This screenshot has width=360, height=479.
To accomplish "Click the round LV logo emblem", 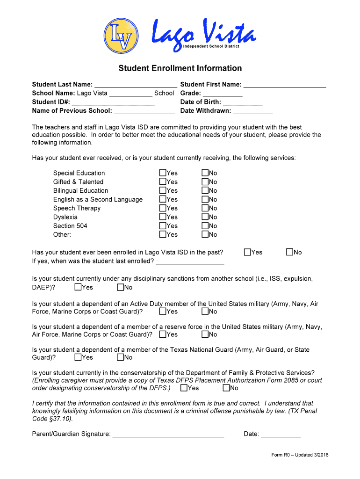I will pyautogui.click(x=121, y=36).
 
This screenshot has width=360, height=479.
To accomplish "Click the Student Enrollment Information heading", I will pyautogui.click(x=180, y=68).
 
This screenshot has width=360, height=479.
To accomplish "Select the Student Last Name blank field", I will pyautogui.click(x=136, y=85).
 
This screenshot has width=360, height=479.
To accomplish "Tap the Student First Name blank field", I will pyautogui.click(x=285, y=85).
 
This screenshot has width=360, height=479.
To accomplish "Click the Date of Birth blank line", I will pyautogui.click(x=243, y=102).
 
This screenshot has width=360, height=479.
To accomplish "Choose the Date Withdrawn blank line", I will pyautogui.click(x=252, y=111).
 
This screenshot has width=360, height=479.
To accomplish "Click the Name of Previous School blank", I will pyautogui.click(x=144, y=111).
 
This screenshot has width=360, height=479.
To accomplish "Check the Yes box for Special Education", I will pyautogui.click(x=163, y=173).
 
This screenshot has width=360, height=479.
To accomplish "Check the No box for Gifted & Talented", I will pyautogui.click(x=205, y=182).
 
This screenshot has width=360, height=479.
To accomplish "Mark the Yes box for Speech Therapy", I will pyautogui.click(x=163, y=208).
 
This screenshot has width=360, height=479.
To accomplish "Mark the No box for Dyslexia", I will pyautogui.click(x=205, y=217).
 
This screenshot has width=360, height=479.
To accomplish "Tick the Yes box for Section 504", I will pyautogui.click(x=163, y=226).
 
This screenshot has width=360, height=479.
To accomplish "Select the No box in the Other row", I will pyautogui.click(x=205, y=234).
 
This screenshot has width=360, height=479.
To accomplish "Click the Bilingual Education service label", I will pyautogui.click(x=80, y=191).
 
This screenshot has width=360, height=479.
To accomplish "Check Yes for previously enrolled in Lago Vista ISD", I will pyautogui.click(x=247, y=252).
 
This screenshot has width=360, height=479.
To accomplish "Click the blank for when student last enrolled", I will pyautogui.click(x=190, y=261).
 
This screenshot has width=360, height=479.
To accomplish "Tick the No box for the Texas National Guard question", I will pyautogui.click(x=120, y=357).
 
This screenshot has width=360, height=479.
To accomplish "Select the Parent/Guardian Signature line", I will pyautogui.click(x=168, y=434).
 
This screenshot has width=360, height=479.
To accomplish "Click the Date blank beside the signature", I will pyautogui.click(x=281, y=434).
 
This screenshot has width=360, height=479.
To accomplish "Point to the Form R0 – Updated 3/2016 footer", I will pyautogui.click(x=300, y=455).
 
